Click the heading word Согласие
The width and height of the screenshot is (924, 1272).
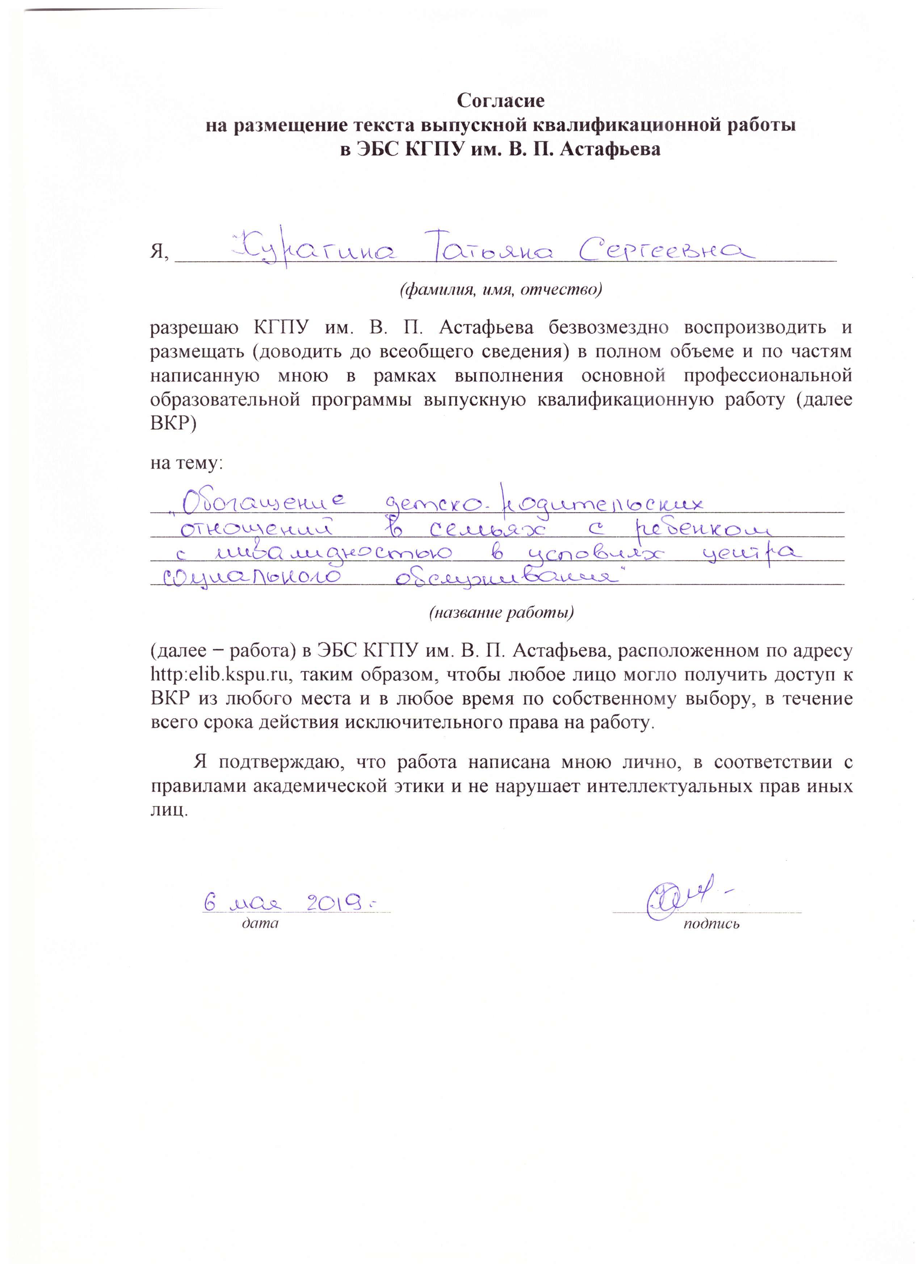point(500,101)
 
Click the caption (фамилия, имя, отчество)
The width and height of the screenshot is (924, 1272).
point(500,290)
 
